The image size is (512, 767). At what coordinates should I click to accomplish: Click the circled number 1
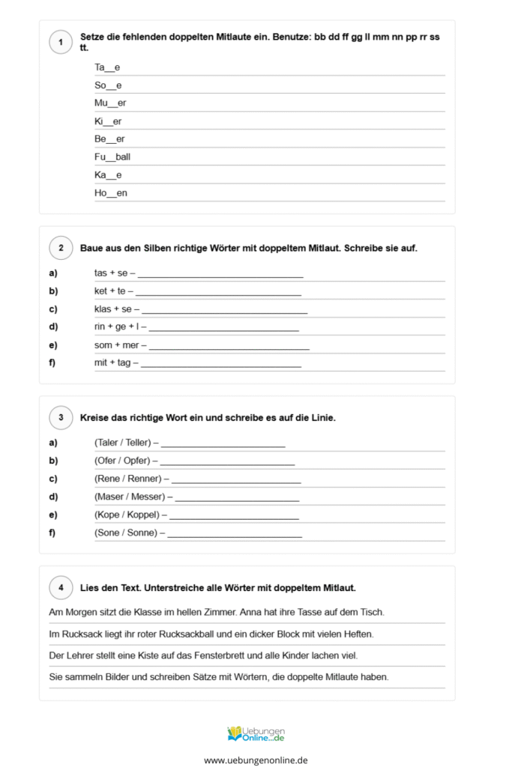(x=60, y=43)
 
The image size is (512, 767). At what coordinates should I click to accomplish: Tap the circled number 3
(x=60, y=417)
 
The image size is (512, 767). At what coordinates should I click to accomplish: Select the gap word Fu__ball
(x=112, y=157)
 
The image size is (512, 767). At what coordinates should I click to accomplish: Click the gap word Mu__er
(x=110, y=103)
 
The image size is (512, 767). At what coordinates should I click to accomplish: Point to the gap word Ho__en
(x=111, y=193)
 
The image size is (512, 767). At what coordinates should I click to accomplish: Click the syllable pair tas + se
(x=111, y=273)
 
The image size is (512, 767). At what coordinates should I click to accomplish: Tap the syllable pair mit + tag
(x=112, y=363)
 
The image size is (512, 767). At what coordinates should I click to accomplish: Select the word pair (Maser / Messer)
(x=130, y=497)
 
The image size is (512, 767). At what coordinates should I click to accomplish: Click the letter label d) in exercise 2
(x=53, y=327)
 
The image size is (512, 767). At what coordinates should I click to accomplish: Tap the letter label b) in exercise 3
(x=53, y=461)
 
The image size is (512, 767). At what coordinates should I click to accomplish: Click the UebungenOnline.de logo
(x=256, y=733)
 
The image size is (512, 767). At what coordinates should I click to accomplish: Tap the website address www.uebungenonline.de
(x=256, y=760)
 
